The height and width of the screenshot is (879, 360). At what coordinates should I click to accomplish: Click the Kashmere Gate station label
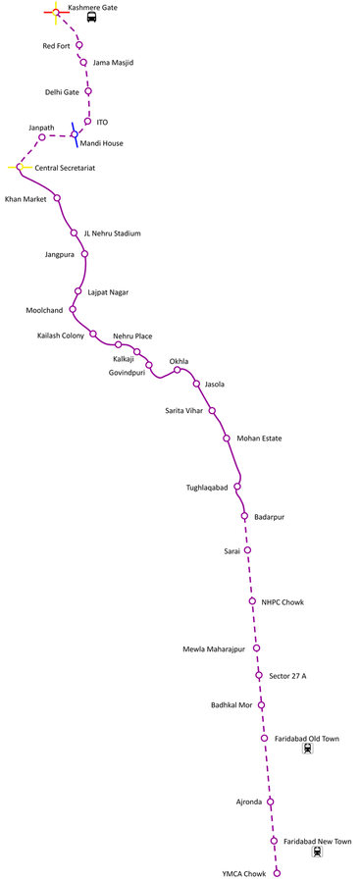pyautogui.click(x=92, y=7)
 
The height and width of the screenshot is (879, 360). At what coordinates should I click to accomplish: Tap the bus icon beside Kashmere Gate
pyautogui.click(x=91, y=18)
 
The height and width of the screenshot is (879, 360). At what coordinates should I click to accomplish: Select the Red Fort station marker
pyautogui.click(x=79, y=45)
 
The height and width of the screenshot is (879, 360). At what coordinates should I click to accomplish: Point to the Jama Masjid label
pyautogui.click(x=113, y=63)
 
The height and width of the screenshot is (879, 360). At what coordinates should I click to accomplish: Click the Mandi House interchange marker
pyautogui.click(x=74, y=132)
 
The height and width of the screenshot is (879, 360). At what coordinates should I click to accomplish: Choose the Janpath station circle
pyautogui.click(x=42, y=137)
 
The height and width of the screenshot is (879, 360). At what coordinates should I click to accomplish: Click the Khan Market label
pyautogui.click(x=26, y=199)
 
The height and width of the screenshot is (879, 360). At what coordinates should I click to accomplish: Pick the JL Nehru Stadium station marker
pyautogui.click(x=74, y=233)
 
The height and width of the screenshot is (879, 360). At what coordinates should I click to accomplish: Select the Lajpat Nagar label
pyautogui.click(x=108, y=292)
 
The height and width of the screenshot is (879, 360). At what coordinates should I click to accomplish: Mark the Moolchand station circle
pyautogui.click(x=73, y=310)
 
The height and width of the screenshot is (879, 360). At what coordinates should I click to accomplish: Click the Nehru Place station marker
pyautogui.click(x=118, y=344)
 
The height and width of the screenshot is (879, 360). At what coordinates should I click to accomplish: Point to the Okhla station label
pyautogui.click(x=179, y=361)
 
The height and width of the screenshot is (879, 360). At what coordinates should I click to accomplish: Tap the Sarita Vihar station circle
pyautogui.click(x=212, y=411)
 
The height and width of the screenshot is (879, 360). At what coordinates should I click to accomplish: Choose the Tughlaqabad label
pyautogui.click(x=207, y=488)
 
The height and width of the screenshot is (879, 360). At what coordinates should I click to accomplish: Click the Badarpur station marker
pyautogui.click(x=244, y=516)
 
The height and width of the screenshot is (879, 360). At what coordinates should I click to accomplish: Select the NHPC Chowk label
pyautogui.click(x=283, y=601)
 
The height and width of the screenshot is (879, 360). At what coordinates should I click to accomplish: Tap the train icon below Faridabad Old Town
pyautogui.click(x=308, y=749)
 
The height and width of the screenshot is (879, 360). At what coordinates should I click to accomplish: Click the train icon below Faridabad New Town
pyautogui.click(x=317, y=852)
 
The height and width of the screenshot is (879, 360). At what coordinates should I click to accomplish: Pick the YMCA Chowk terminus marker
pyautogui.click(x=277, y=872)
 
